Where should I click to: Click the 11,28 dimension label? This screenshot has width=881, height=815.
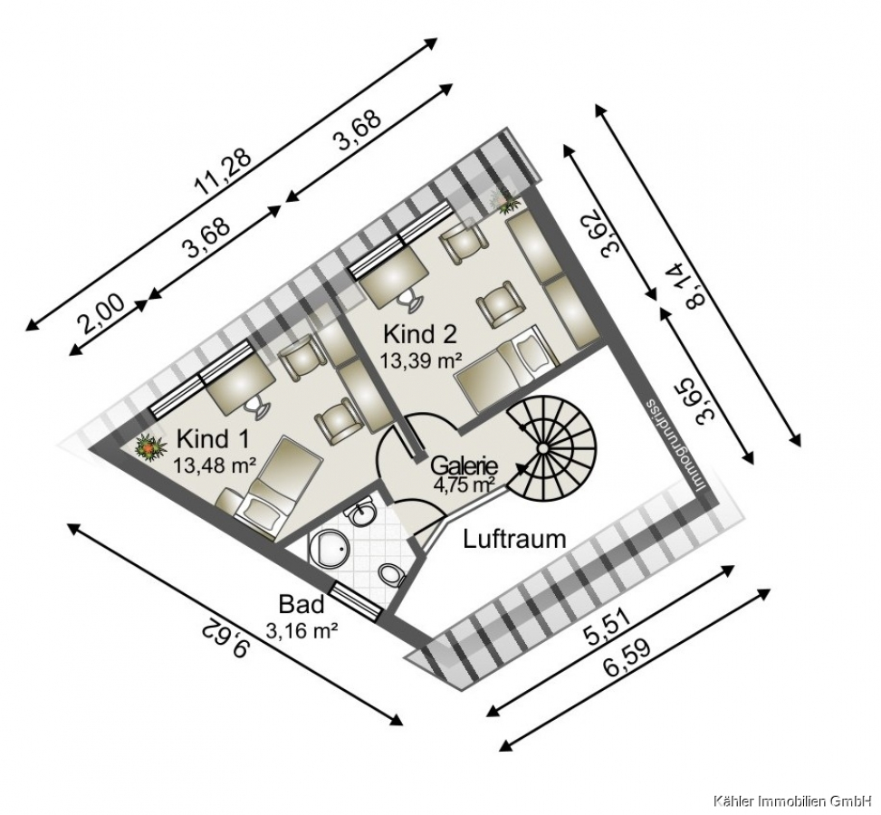tap(223, 168)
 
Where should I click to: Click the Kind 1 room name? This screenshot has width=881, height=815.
tap(213, 438)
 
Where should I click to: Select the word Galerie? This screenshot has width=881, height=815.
tap(464, 466)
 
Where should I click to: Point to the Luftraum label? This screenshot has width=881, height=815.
tap(514, 539)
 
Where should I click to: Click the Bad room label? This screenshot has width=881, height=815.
tap(302, 605)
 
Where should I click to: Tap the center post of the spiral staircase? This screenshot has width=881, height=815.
tap(543, 448)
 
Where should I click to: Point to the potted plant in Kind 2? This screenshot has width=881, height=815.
tap(507, 201)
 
